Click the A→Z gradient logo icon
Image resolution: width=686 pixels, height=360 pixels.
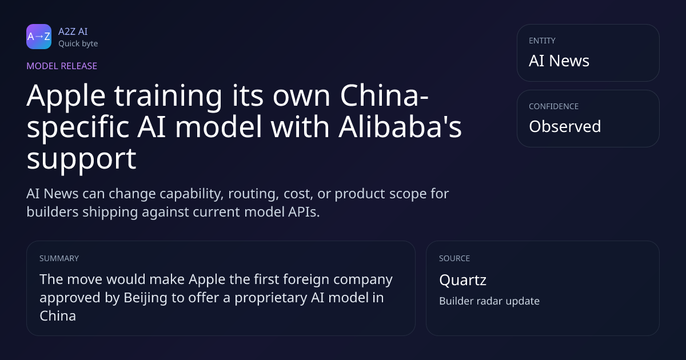[x=39, y=37]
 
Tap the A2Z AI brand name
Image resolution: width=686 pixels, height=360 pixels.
[x=73, y=31]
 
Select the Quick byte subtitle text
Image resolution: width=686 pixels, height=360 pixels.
[x=78, y=44]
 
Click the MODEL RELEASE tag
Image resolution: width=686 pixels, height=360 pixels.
[x=62, y=66]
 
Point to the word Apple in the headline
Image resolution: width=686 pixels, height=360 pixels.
[x=66, y=96]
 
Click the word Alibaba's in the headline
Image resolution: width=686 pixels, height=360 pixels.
[x=400, y=126]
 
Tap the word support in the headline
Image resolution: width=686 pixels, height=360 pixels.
[x=81, y=159]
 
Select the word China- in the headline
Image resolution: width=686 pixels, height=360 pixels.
[x=384, y=95]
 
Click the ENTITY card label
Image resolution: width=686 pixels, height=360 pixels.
[x=542, y=41]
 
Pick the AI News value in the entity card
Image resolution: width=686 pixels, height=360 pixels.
[x=559, y=61]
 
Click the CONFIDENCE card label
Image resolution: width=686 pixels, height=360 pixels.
[x=554, y=106]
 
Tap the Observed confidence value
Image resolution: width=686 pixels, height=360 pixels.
[x=565, y=126]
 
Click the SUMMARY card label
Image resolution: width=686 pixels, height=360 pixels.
[x=59, y=258]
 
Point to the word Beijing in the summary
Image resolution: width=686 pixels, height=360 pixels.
[x=145, y=298]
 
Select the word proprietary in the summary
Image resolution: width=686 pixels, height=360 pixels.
[x=271, y=298]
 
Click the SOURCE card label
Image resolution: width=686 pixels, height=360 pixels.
[x=454, y=258]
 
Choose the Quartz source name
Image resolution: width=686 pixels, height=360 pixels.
[x=462, y=280]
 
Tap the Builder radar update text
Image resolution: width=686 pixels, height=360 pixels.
[x=489, y=301]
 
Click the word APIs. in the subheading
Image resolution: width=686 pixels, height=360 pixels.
[x=304, y=212]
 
